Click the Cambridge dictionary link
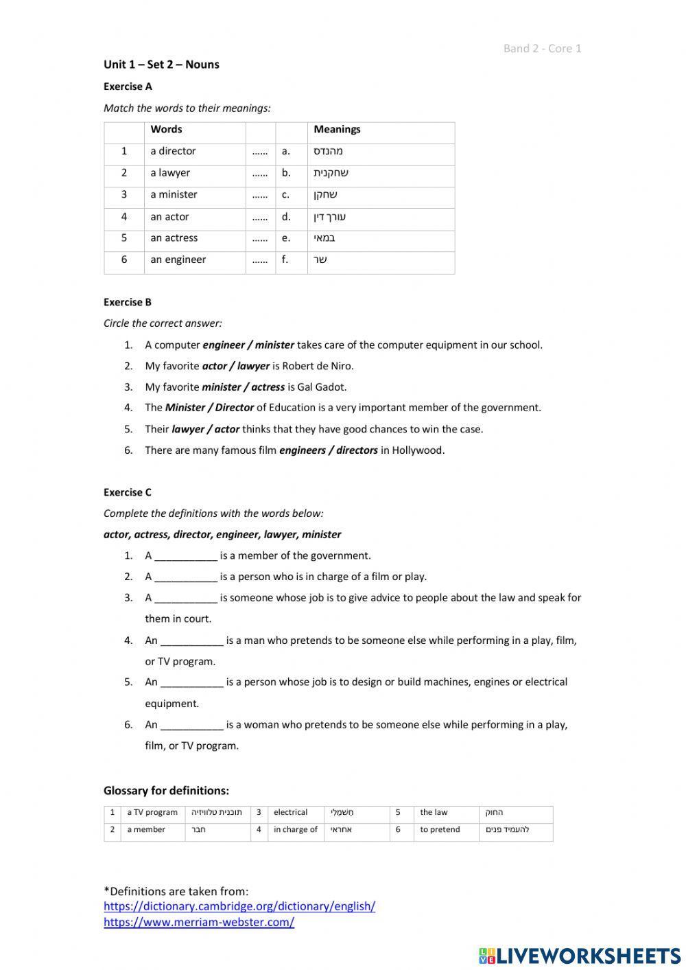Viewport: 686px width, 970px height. (239, 906)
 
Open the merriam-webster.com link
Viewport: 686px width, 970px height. (199, 922)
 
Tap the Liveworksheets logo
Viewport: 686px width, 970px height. (580, 956)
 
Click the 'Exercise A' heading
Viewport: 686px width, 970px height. (128, 86)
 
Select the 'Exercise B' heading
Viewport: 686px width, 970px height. (128, 302)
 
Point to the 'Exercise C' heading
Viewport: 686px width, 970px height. (128, 492)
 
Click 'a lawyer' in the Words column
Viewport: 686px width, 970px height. (170, 173)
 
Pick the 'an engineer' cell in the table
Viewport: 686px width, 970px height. (178, 259)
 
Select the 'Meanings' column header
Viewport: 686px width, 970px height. (337, 129)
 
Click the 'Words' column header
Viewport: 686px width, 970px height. (166, 129)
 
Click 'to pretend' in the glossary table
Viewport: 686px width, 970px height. (440, 829)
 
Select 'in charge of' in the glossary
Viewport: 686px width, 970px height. (295, 829)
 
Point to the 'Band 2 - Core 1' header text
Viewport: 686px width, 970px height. (542, 48)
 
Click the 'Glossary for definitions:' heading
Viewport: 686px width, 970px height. (166, 791)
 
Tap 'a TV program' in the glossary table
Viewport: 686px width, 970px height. (152, 812)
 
